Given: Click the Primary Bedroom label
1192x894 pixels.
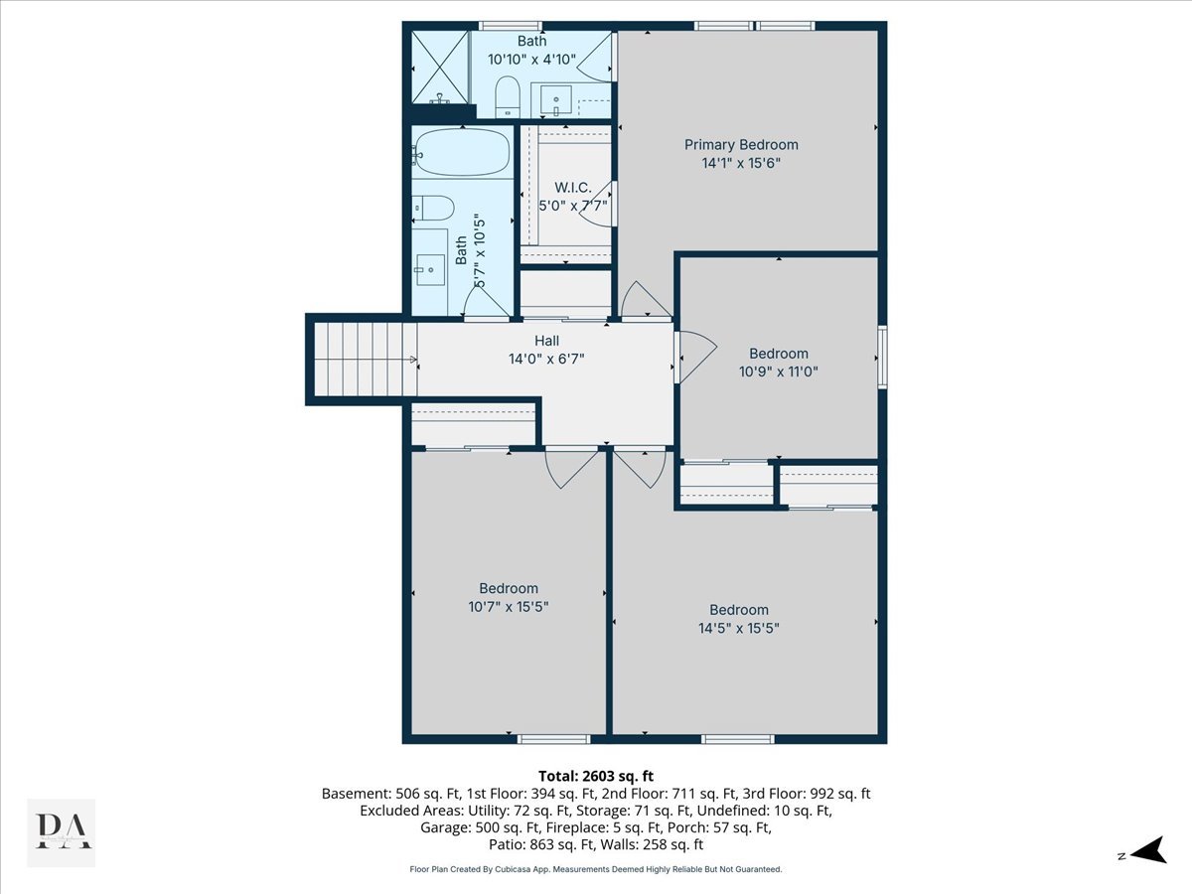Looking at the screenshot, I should pos(741,145).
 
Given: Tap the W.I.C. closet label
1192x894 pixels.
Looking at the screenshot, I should pos(572,188).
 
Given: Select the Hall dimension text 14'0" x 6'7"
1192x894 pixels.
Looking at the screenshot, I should pos(546,359).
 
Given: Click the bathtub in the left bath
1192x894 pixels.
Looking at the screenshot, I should pos(461,152).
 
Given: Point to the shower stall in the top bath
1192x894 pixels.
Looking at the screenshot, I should pos(439,67).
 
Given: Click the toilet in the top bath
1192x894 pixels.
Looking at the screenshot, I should pos(508,95).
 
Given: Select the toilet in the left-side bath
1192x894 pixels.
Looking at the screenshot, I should pos(433,208).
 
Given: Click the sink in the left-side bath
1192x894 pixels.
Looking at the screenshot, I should pos(430,268).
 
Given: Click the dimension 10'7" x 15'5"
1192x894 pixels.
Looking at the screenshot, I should pos(509,606).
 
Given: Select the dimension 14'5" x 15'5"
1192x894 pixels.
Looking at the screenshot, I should pos(738,628).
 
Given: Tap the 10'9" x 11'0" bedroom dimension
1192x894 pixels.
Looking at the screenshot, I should pos(778,372).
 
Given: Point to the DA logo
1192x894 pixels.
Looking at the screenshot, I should pos(61,832).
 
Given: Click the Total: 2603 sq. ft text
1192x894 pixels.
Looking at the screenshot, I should pos(595,776).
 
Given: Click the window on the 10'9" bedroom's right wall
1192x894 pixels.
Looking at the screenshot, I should pos(882,357).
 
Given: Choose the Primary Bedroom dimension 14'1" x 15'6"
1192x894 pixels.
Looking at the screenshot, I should pos(741,163).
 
